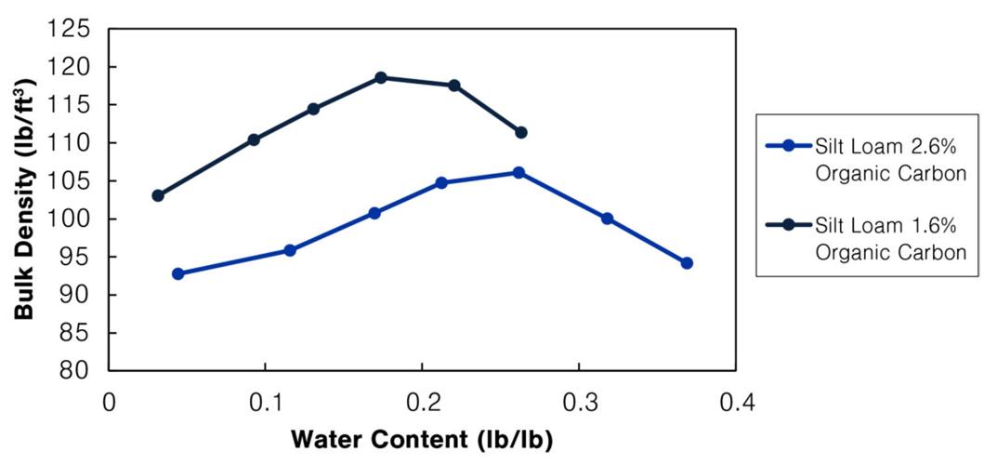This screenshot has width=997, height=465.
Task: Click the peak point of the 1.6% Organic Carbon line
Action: point(381,77)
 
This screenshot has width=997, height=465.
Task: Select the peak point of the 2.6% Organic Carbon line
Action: point(518,172)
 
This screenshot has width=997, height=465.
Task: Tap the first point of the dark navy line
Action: point(158,195)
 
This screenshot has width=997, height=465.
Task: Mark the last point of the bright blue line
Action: point(687,263)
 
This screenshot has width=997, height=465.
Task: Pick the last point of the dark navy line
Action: point(521,132)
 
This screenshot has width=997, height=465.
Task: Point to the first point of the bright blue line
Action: point(177,273)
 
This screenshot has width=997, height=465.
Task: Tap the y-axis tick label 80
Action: point(78,371)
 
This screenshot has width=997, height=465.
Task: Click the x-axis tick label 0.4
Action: point(736,403)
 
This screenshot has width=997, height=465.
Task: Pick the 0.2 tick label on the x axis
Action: point(423,403)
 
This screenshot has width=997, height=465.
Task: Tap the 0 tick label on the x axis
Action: point(110,403)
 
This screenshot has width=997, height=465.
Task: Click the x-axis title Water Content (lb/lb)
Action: point(422,438)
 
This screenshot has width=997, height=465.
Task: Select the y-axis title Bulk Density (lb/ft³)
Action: point(25,199)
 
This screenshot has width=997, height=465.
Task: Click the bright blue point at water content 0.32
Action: point(607,219)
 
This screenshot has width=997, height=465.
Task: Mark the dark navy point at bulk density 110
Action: point(254,139)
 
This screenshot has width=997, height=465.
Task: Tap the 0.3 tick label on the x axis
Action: point(579,403)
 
